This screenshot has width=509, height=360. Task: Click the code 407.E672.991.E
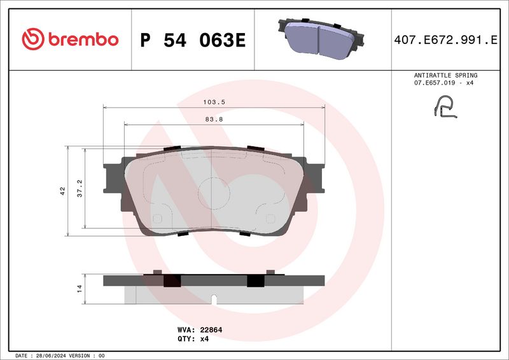click(x=445, y=40)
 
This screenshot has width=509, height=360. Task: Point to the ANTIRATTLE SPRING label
click(x=445, y=75)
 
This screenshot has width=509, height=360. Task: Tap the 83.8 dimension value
click(x=214, y=119)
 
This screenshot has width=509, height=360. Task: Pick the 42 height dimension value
click(x=62, y=190)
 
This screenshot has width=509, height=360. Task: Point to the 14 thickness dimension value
click(x=80, y=289)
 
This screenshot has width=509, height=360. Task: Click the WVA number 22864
click(x=209, y=330)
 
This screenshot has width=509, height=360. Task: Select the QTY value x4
click(x=204, y=339)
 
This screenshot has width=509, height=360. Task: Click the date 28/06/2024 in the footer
click(x=55, y=355)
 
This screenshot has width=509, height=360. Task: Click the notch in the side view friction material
click(x=214, y=298)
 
